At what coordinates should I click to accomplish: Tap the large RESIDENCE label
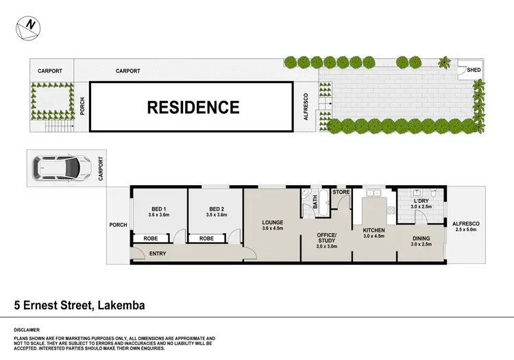click(x=194, y=107)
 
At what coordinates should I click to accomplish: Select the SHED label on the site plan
click(x=474, y=70)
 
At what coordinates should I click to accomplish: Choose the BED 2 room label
click(x=217, y=209)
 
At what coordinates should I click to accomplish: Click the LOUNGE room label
click(x=272, y=222)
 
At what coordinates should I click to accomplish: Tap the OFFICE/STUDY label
click(x=326, y=237)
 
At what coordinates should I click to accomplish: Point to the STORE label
click(x=341, y=192)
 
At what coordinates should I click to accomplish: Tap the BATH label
click(x=316, y=202)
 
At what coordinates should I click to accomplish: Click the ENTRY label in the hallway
click(x=158, y=254)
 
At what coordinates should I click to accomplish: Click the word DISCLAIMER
click(x=27, y=329)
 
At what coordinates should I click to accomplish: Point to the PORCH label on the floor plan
click(x=118, y=224)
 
